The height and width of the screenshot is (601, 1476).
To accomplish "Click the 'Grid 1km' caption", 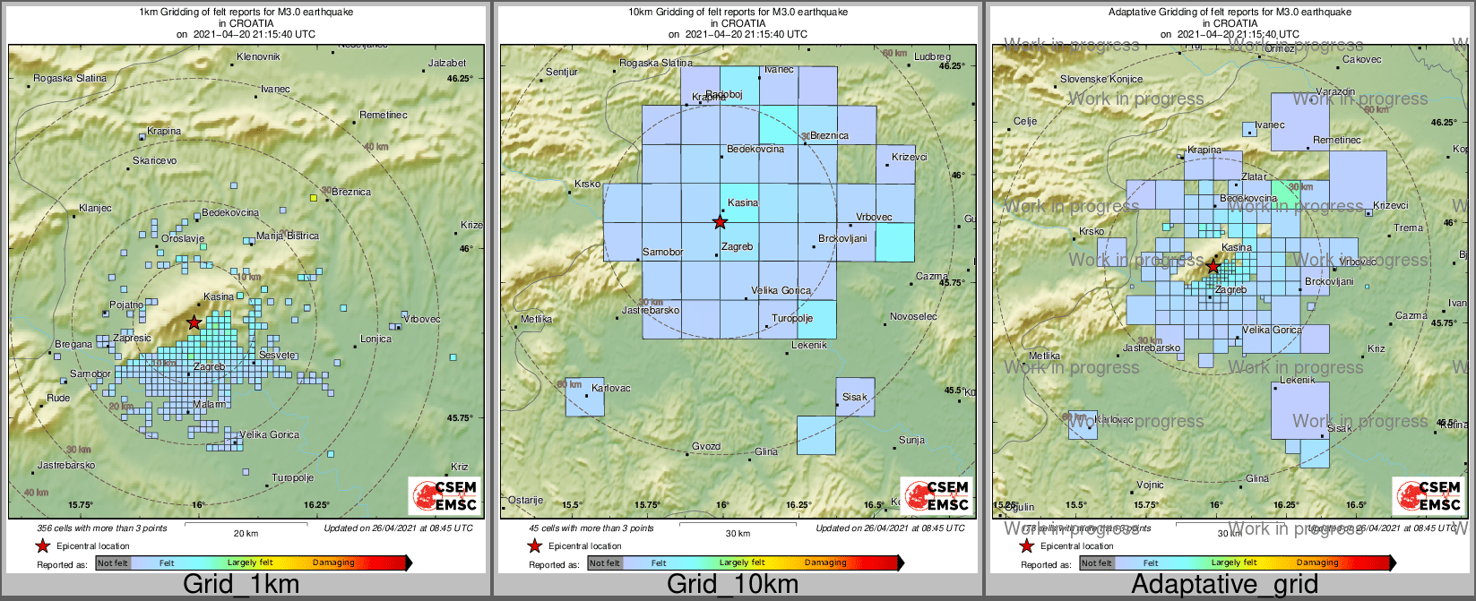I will (241, 585).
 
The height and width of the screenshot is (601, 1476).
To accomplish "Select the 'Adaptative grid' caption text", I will (1224, 585).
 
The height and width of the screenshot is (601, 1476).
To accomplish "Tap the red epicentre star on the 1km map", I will (194, 322).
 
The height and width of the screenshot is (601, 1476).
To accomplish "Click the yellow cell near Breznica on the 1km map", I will (313, 197).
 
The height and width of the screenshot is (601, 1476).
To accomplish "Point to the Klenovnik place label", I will (258, 57).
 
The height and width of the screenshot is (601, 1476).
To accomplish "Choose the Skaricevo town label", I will (154, 160).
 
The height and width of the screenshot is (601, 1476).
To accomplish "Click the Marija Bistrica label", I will (287, 236).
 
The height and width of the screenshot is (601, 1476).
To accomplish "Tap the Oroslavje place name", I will (183, 239).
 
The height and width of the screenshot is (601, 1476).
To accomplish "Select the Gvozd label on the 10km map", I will (706, 447).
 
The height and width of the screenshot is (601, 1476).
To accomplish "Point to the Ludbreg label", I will (932, 57).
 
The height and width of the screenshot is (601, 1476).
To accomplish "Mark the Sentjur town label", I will (562, 72).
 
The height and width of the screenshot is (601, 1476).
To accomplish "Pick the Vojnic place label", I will (1150, 485).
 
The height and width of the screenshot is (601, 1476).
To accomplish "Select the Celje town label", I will (1025, 122).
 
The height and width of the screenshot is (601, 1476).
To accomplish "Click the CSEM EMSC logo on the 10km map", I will (936, 495).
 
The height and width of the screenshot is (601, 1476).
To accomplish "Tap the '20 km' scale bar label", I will (246, 534).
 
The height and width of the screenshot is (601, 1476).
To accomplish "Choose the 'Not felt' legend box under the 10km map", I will (604, 563).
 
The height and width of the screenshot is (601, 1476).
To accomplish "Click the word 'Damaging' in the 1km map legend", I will (333, 563).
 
